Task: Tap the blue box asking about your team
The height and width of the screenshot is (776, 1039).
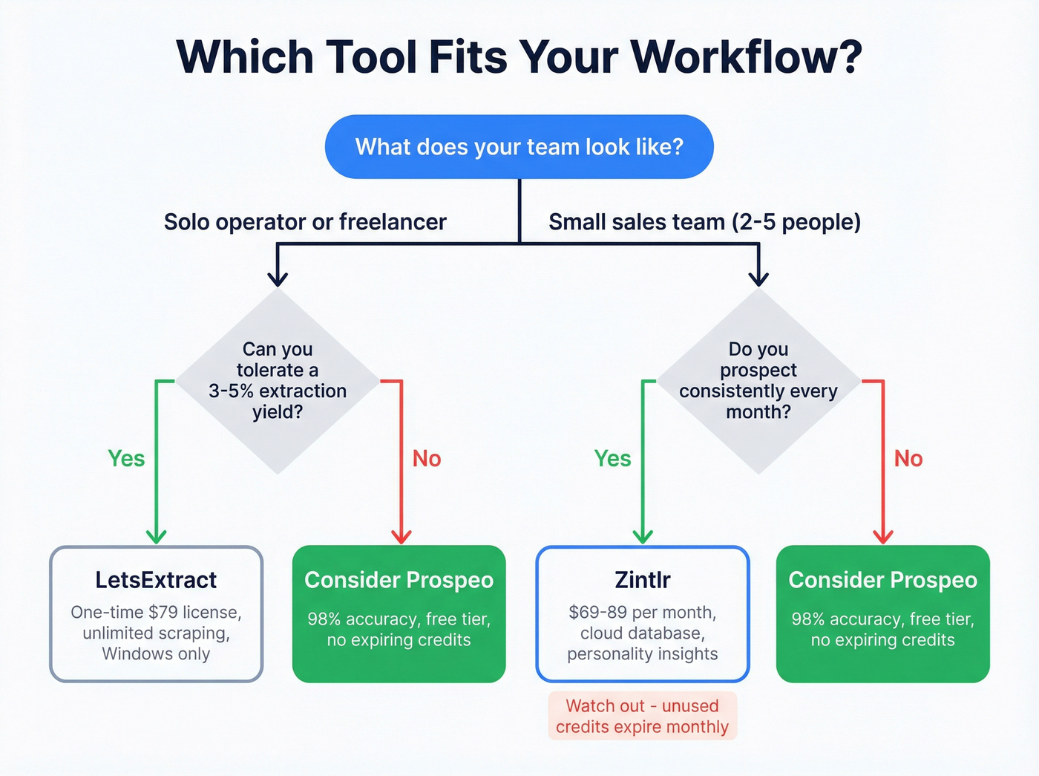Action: click(519, 146)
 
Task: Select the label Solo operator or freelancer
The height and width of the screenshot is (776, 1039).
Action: click(305, 221)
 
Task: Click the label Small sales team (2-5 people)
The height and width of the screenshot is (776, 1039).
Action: click(704, 221)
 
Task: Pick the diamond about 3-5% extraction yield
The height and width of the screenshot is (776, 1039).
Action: click(278, 380)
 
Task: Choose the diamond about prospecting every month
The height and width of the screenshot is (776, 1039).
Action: click(758, 380)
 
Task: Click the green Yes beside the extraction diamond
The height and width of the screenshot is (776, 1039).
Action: click(126, 458)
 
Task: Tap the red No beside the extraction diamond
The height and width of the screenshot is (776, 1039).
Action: click(427, 458)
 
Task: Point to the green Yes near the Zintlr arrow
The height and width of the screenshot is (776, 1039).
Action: click(612, 458)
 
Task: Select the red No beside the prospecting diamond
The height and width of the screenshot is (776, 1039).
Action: click(908, 458)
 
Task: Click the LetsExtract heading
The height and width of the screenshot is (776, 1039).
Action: click(156, 580)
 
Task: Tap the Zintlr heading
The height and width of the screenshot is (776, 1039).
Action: click(643, 580)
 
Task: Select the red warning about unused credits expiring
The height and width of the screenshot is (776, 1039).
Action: click(643, 716)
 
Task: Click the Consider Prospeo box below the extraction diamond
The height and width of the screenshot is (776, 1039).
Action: click(399, 614)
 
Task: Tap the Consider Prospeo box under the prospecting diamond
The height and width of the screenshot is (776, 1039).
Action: click(883, 614)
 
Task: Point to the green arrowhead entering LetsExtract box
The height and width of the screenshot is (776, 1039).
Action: click(156, 536)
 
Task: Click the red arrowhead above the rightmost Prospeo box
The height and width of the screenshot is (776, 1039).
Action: click(883, 536)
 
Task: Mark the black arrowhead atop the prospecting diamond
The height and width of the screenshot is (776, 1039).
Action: click(758, 278)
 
